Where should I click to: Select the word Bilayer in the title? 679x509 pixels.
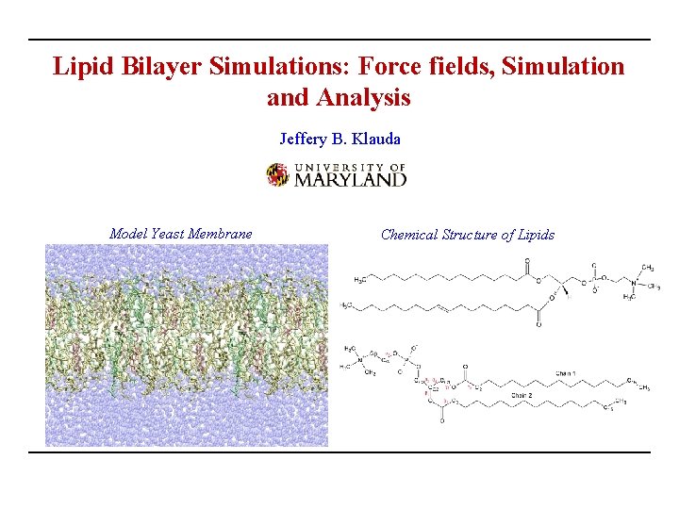click(x=150, y=66)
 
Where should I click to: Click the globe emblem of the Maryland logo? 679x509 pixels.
click(x=277, y=174)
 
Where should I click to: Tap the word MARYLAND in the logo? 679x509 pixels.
click(x=351, y=179)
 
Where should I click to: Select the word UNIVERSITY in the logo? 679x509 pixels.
click(x=341, y=166)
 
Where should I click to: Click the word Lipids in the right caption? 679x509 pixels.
click(x=534, y=235)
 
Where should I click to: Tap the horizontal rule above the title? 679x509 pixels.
click(x=339, y=40)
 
